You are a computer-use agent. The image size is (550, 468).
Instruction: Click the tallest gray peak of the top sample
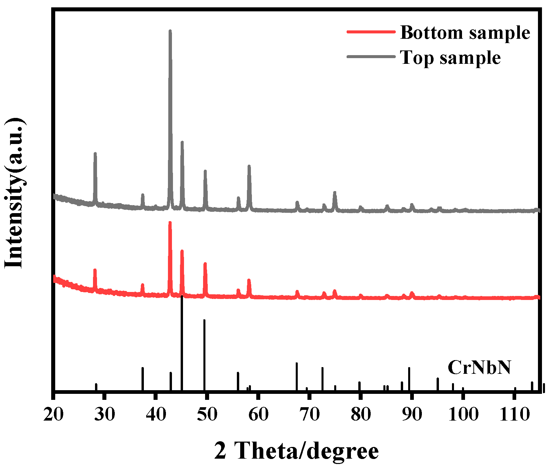click(170, 32)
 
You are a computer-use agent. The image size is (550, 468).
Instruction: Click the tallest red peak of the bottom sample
click(170, 223)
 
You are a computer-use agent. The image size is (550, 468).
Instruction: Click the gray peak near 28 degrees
click(95, 154)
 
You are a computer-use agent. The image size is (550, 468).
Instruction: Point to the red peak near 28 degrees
click(95, 271)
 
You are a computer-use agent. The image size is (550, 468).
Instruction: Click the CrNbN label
click(479, 367)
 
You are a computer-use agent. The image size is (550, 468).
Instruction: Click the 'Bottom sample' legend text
click(465, 33)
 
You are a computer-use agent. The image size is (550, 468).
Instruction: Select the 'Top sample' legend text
click(450, 57)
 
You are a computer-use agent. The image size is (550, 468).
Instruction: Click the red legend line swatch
click(371, 32)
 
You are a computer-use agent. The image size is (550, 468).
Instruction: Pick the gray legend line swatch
click(371, 57)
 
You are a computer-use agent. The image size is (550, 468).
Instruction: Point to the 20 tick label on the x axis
click(54, 414)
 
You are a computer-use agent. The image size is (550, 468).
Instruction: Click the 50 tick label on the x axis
click(207, 414)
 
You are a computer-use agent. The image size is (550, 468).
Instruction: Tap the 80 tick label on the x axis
click(361, 414)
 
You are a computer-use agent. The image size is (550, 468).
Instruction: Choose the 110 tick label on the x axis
click(514, 414)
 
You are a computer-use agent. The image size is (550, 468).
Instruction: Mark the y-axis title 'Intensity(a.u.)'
click(15, 193)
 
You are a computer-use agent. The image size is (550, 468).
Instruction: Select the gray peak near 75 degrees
click(335, 193)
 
